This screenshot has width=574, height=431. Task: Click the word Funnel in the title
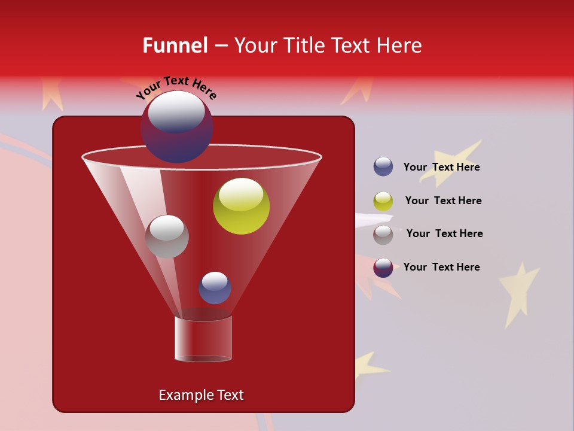pyautogui.click(x=175, y=45)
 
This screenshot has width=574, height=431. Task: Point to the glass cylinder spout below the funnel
pyautogui.click(x=203, y=338)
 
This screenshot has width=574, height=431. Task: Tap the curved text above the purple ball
pyautogui.click(x=176, y=88)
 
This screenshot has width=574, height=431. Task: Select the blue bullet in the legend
pyautogui.click(x=383, y=167)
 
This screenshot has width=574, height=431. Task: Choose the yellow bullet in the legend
pyautogui.click(x=383, y=201)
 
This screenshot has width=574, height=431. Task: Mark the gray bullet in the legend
pyautogui.click(x=383, y=235)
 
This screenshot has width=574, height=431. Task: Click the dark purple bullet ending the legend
pyautogui.click(x=383, y=268)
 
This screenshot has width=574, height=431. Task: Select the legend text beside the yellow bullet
pyautogui.click(x=443, y=201)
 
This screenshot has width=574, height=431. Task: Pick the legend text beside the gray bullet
pyautogui.click(x=444, y=233)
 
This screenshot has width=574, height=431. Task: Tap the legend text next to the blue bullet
pyautogui.click(x=441, y=167)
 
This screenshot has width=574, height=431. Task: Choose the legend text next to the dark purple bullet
pyautogui.click(x=441, y=267)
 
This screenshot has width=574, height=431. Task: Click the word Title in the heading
pyautogui.click(x=306, y=45)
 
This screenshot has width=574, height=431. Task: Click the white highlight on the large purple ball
pyautogui.click(x=176, y=112)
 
